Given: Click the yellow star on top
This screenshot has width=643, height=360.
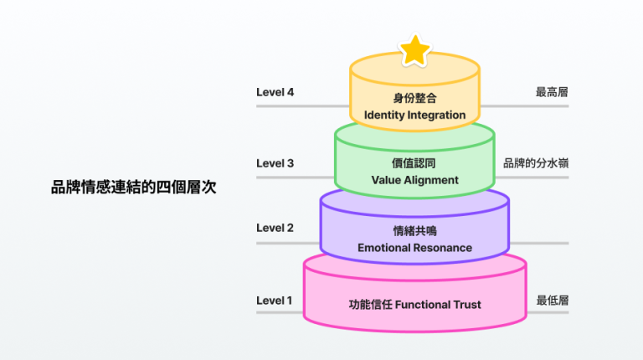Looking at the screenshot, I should [x=414, y=50].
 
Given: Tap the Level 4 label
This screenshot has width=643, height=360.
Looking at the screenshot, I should [x=275, y=92].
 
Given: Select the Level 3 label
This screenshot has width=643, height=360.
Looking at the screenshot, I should [x=275, y=163].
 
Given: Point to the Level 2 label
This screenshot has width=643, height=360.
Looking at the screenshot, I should [x=275, y=228].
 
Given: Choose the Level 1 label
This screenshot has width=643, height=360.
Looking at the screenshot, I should [x=275, y=301].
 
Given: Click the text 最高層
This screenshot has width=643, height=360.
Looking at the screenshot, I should [x=553, y=92].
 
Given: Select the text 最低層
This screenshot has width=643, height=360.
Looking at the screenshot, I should [x=553, y=301].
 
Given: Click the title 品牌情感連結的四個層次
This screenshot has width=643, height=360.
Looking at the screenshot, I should [x=133, y=188].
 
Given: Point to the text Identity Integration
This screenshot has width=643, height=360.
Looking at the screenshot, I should [x=414, y=114].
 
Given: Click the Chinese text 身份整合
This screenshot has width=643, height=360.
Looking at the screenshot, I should [x=414, y=97].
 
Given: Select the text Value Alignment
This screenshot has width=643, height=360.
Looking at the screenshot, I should [x=414, y=180].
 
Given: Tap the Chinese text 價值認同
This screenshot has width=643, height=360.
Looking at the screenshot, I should [x=414, y=163].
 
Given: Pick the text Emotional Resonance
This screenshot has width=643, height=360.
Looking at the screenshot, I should [x=414, y=248].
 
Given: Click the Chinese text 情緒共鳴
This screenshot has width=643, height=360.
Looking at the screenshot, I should [x=414, y=231].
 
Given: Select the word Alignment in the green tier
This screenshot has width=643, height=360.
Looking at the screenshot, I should [x=430, y=180].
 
